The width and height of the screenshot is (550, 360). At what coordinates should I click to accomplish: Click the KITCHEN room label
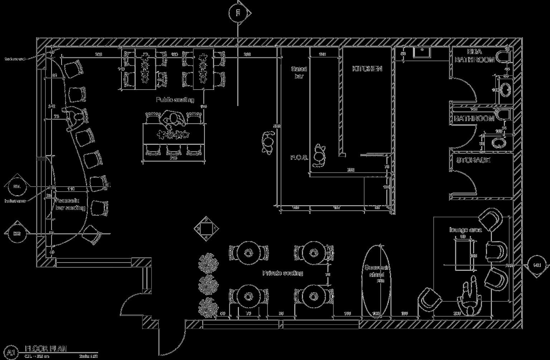coord(367,69)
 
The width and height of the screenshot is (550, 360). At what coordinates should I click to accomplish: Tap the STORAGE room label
coord(473,160)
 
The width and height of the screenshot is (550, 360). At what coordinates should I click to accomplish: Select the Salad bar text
coord(299,72)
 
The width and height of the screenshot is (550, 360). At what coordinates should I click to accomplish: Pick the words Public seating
coord(175,100)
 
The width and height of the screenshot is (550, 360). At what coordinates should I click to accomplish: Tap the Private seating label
coord(283,273)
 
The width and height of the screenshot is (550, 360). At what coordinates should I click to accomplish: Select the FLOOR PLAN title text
coord(45,349)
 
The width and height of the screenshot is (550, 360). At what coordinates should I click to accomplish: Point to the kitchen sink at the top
coord(422,52)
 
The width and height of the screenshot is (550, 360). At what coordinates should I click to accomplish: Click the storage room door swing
coord(465,183)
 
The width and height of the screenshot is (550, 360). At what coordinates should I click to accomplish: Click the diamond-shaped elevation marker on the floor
coord(206,228)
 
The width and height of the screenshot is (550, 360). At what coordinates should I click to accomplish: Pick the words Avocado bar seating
coord(70,204)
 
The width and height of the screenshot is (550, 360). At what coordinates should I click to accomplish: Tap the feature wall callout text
coord(15,59)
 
